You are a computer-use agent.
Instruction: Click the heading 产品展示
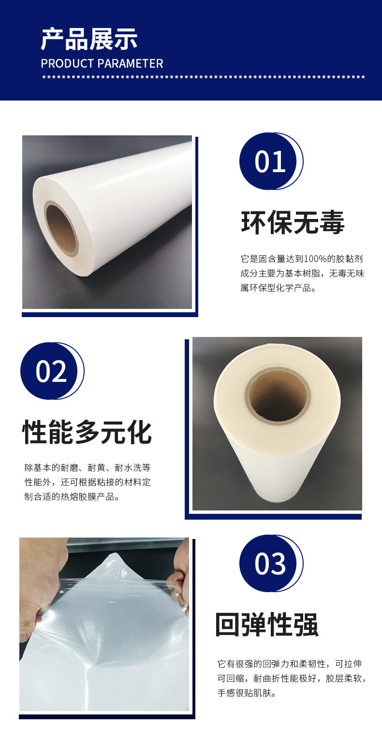(89, 40)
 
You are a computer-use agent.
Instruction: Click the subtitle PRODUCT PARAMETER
(102, 64)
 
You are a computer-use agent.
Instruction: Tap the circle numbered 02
(51, 371)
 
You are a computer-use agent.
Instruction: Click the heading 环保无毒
(293, 223)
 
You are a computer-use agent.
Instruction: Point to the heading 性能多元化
(87, 433)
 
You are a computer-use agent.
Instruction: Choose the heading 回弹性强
(267, 625)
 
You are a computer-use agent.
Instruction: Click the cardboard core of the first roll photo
(61, 230)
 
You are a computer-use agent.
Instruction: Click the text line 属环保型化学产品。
(278, 288)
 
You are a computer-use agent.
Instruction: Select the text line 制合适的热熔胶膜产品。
(72, 497)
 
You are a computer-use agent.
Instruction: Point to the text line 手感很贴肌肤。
(247, 693)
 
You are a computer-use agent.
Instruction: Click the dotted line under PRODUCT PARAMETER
(203, 76)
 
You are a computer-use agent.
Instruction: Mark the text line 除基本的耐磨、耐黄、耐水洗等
(88, 468)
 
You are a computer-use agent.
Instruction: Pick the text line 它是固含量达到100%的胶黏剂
(301, 259)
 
